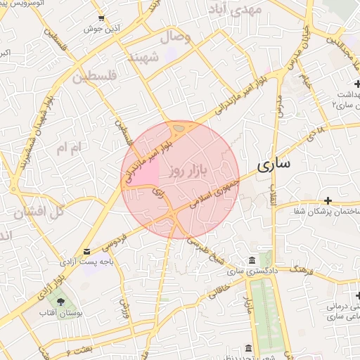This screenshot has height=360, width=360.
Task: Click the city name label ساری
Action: [274, 166]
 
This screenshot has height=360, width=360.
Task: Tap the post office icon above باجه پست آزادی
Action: [86, 251]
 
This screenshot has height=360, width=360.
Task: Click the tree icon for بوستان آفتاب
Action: [62, 301]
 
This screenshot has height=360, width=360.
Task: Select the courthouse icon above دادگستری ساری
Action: [252, 260]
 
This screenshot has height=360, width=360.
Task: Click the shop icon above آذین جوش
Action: [102, 18]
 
